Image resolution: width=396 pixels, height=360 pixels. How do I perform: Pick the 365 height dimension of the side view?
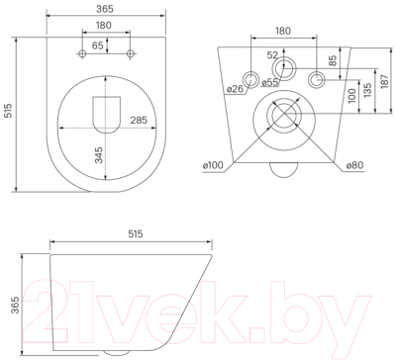pos(11,301)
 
